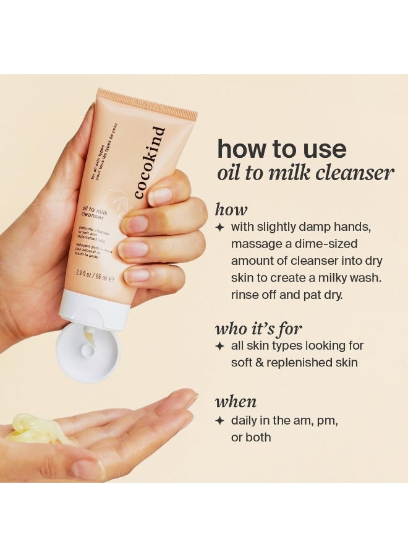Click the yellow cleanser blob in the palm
(x=34, y=428)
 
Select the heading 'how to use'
(x=281, y=149)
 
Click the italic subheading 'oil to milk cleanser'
(x=305, y=173)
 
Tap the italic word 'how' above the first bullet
(x=231, y=209)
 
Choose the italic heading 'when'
(x=236, y=402)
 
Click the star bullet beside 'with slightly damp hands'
(x=219, y=228)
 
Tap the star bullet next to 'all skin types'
(x=219, y=346)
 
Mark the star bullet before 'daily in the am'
(x=219, y=421)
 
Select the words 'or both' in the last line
(x=251, y=438)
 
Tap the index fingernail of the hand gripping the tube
(x=159, y=196)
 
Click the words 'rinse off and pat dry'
(x=286, y=295)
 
